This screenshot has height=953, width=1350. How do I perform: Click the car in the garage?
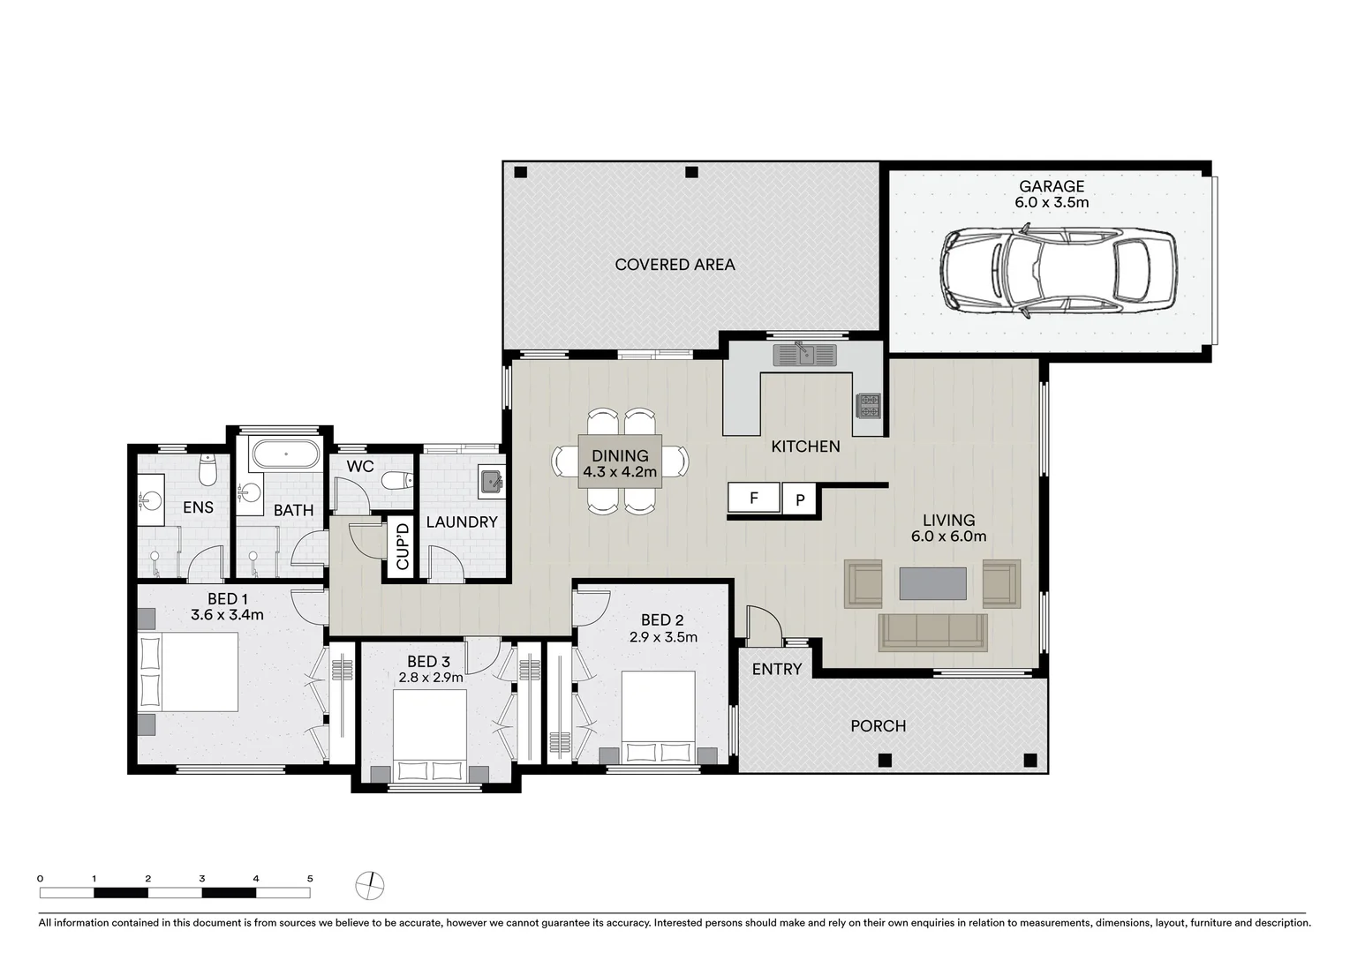pos(1057,269)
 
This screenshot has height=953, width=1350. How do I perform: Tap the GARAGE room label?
pos(1051,186)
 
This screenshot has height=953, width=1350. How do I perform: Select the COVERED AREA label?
pos(675,265)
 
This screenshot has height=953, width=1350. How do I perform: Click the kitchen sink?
pos(803,355)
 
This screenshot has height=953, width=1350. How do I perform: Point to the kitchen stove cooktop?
pos(869,406)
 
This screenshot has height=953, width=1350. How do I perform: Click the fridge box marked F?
pos(753,499)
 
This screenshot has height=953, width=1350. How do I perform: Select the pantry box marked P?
pos(800,499)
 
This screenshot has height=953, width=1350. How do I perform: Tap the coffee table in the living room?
pos(932,583)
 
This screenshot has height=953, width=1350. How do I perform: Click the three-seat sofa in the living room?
pos(932,632)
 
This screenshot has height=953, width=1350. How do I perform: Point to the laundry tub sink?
pos(491,482)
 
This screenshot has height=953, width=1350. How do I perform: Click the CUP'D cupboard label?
pos(403,546)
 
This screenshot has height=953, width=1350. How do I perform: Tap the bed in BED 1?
pos(188,672)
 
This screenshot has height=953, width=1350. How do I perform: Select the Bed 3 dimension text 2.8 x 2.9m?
pos(430,678)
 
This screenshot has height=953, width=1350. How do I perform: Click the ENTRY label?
pos(777,669)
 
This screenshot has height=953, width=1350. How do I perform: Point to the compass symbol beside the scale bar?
pos(370,884)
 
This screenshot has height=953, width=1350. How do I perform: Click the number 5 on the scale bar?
pos(309,878)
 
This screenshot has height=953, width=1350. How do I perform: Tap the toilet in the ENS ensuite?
pos(207,470)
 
